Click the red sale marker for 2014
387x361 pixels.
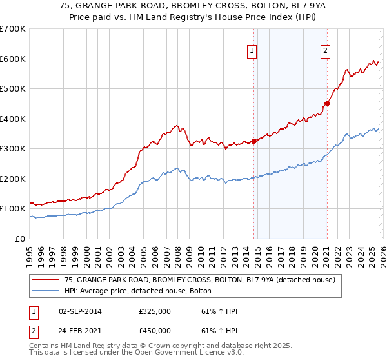coord(253,141)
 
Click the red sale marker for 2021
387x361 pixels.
coord(327,103)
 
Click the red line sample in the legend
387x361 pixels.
coord(46,280)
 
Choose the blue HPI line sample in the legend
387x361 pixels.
coord(46,291)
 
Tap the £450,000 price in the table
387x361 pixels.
coord(155,331)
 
